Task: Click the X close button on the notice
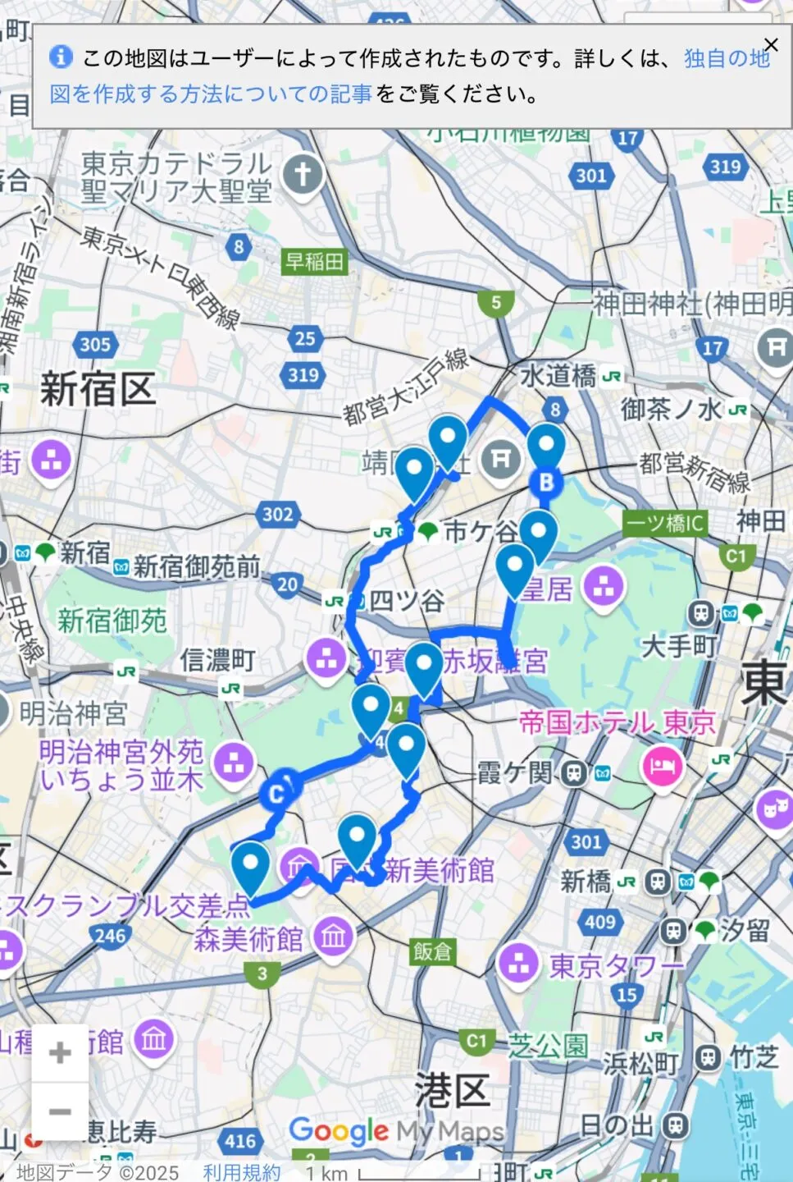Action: tap(771, 45)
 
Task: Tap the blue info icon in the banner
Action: tap(61, 57)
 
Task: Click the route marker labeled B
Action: tap(546, 483)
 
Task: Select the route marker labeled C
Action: tap(277, 794)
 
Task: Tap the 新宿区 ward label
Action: tap(98, 388)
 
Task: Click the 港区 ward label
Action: tap(452, 1091)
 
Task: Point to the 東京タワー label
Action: tap(615, 966)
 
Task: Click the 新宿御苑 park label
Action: tap(112, 621)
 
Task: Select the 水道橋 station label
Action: tap(558, 376)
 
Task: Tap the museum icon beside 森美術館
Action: tap(333, 937)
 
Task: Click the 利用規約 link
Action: tap(242, 1172)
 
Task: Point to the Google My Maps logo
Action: tap(397, 1131)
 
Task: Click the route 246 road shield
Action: tap(110, 936)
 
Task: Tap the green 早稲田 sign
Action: tap(314, 262)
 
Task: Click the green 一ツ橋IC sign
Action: tap(664, 523)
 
